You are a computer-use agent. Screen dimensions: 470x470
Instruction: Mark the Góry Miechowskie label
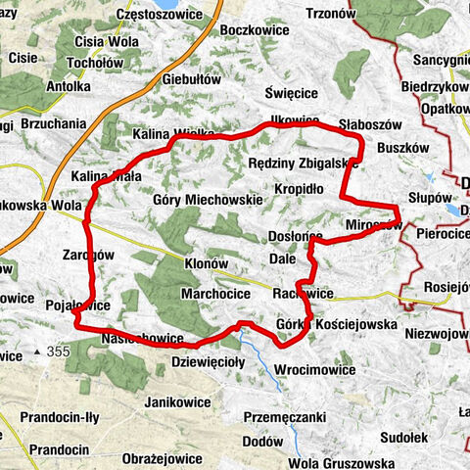[208, 199]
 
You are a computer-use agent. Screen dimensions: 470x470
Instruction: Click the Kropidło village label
[299, 187]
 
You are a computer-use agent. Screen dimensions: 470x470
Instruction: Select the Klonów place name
[206, 264]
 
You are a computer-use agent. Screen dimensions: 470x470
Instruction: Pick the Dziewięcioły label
[208, 360]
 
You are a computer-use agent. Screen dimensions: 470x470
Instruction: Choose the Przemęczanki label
[285, 415]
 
